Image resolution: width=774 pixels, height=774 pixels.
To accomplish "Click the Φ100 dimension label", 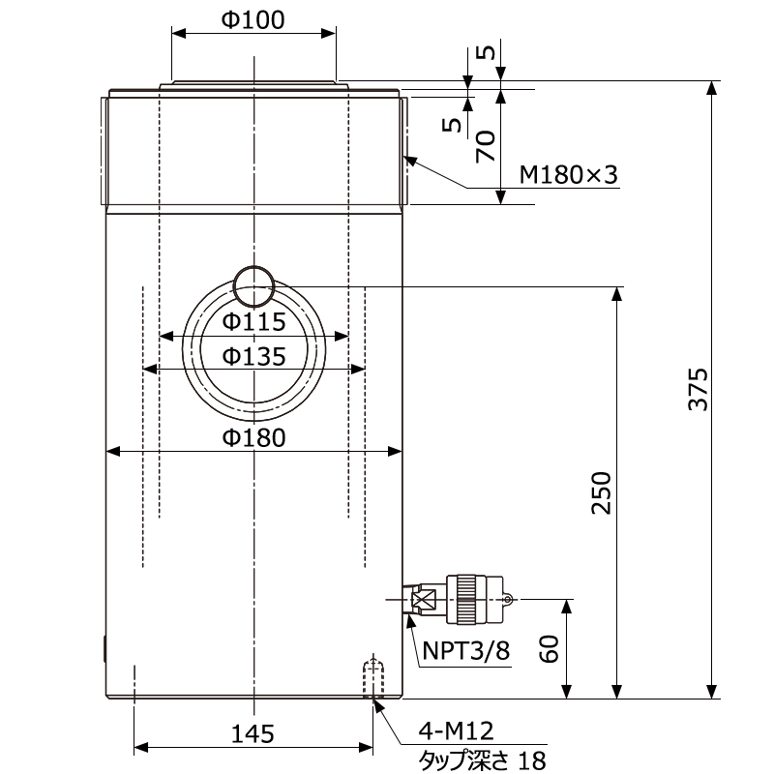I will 253,20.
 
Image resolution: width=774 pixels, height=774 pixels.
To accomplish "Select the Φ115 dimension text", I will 253,321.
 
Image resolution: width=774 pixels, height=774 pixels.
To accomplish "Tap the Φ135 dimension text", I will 253,356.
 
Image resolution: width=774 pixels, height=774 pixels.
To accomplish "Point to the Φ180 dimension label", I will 253,437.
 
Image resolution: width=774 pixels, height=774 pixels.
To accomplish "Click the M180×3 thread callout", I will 568,175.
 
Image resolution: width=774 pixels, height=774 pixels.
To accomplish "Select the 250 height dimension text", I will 602,492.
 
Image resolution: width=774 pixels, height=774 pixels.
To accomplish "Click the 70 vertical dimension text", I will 487,145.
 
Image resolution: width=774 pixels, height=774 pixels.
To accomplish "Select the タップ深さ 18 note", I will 474,759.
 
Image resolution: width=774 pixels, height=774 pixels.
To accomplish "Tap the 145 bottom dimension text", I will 253,733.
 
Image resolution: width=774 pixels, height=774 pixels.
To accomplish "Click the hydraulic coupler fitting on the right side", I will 469,600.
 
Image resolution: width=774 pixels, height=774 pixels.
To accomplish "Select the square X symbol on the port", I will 423,600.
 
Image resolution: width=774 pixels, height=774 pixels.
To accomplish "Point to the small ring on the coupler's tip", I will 507,599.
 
